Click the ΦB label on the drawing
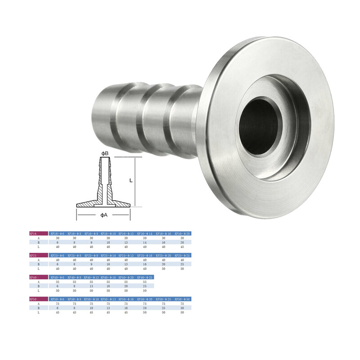104,153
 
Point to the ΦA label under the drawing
103,216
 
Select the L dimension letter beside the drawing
130,180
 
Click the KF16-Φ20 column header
183,234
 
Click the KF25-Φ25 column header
183,255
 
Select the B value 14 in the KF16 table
144,242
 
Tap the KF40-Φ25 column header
145,277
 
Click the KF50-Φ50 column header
183,299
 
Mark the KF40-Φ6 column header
58,277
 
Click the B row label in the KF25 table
38,264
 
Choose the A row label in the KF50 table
38,304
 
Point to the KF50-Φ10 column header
93,299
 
